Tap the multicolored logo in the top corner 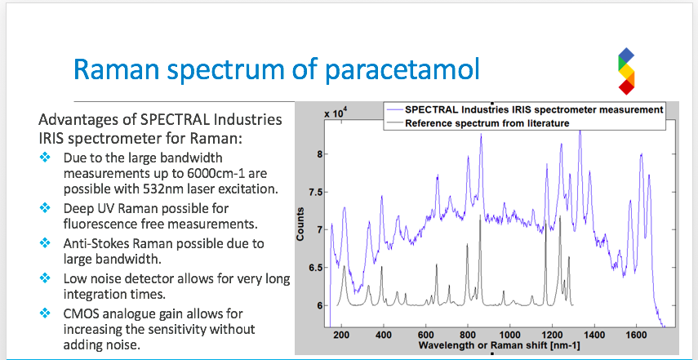click(x=626, y=72)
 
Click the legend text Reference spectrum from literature click(x=487, y=123)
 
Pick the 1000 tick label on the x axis click(x=509, y=335)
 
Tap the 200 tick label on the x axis click(x=341, y=335)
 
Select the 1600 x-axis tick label click(x=636, y=335)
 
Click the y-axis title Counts click(x=300, y=224)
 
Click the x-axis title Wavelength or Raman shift click(x=470, y=344)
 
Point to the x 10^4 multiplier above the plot click(x=336, y=113)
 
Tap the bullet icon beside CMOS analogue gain click(x=45, y=313)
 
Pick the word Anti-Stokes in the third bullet click(x=94, y=243)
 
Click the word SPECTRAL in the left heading click(x=169, y=120)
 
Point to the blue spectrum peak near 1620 click(x=641, y=154)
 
